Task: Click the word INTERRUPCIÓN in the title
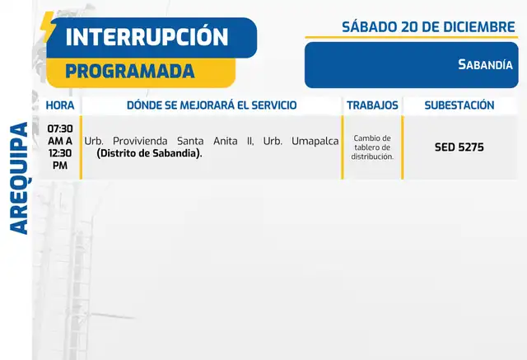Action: click(147, 37)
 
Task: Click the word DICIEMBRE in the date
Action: click(481, 27)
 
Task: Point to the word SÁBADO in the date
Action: click(370, 27)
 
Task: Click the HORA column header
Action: click(60, 105)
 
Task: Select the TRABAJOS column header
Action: click(372, 105)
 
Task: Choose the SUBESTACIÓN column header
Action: click(459, 105)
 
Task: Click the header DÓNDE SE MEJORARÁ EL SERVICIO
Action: click(212, 105)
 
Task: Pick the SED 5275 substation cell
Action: click(459, 147)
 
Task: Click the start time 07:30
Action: click(60, 129)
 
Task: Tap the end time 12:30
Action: click(60, 153)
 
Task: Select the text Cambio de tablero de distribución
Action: click(372, 147)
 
